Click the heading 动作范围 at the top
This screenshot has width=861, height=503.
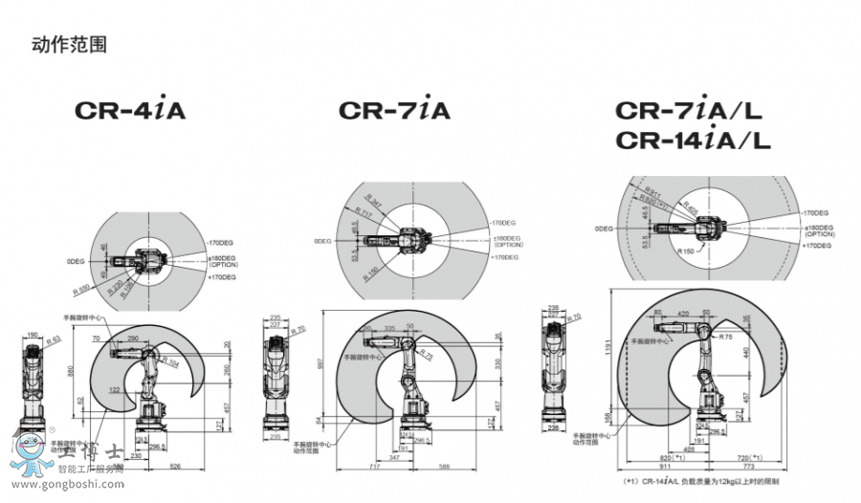(x=70, y=43)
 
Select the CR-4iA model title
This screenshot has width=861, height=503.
(x=130, y=110)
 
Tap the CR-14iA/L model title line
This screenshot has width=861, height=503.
(x=693, y=141)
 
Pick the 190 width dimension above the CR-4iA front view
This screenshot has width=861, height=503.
(x=33, y=335)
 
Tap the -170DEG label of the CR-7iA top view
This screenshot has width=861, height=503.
(x=503, y=222)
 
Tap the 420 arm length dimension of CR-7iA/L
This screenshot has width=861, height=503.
(x=683, y=313)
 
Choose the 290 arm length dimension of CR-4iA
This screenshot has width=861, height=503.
(x=131, y=339)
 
